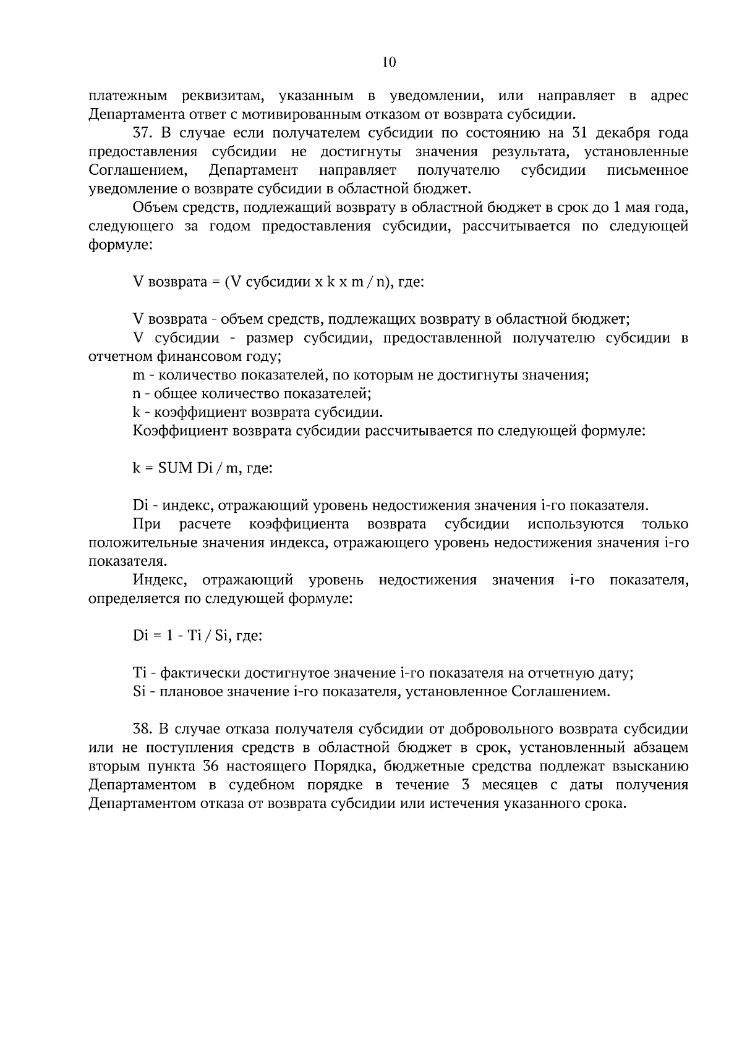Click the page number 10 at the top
click(389, 62)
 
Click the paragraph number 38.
click(143, 729)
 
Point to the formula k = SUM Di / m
click(203, 468)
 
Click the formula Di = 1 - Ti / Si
click(198, 636)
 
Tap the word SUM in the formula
click(176, 468)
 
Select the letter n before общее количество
click(137, 394)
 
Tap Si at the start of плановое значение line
click(139, 691)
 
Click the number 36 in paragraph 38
click(210, 766)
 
